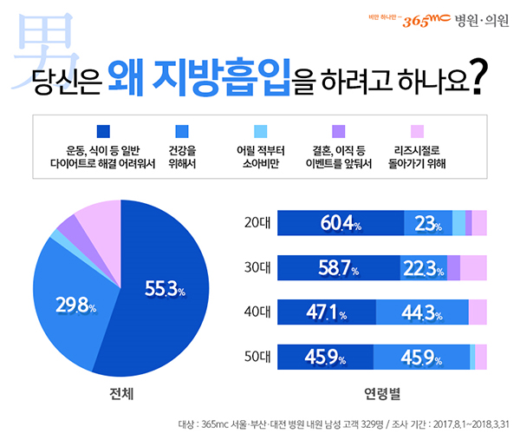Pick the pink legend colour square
pyautogui.click(x=418, y=131)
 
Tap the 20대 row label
pyautogui.click(x=257, y=223)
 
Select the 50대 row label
pyautogui.click(x=257, y=356)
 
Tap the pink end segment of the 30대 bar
pyautogui.click(x=473, y=268)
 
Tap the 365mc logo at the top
pyautogui.click(x=414, y=18)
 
